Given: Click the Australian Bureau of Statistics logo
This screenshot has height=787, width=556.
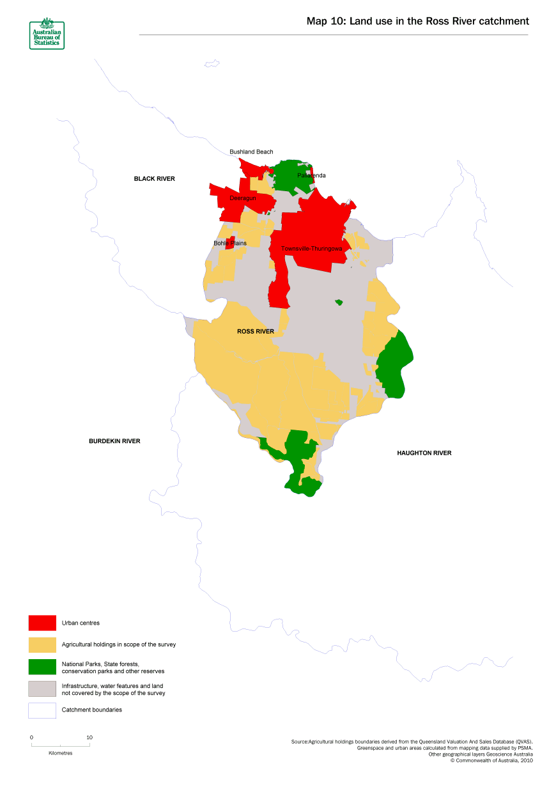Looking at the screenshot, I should pos(47,33).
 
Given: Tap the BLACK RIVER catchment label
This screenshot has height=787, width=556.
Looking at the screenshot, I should pos(154,179).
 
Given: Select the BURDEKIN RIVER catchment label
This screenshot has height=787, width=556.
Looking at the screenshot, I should pos(114,441).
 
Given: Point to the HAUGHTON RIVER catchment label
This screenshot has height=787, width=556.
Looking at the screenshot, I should pos(424,453).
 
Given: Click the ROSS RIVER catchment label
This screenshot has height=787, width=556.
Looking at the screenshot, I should pos(255,332).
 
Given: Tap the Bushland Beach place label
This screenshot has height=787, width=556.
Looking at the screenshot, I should pos(251,152).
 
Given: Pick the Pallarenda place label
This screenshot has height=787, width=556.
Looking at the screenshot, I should pos(311,175).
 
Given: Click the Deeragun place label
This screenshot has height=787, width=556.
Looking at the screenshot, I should pos(243,198).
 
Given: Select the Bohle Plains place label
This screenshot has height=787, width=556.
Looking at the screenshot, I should pos(230,244).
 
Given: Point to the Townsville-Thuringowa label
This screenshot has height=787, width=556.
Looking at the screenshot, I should pos(312,249).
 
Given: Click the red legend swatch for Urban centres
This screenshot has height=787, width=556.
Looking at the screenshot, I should pos(42,623).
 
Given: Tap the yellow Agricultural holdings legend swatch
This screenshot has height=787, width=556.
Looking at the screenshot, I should pos(42,644).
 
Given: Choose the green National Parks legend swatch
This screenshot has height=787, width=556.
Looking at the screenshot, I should pos(42,667).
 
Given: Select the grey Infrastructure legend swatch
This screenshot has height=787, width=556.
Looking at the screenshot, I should pos(42,689).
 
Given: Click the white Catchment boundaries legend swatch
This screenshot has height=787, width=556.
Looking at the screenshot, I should pos(42,710).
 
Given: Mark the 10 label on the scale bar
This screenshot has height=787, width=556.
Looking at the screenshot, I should pos(89,737).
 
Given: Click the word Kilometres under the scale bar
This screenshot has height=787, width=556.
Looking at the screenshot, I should pos(61,753).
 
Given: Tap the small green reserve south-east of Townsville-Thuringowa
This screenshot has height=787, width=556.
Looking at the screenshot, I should pos(339,302).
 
